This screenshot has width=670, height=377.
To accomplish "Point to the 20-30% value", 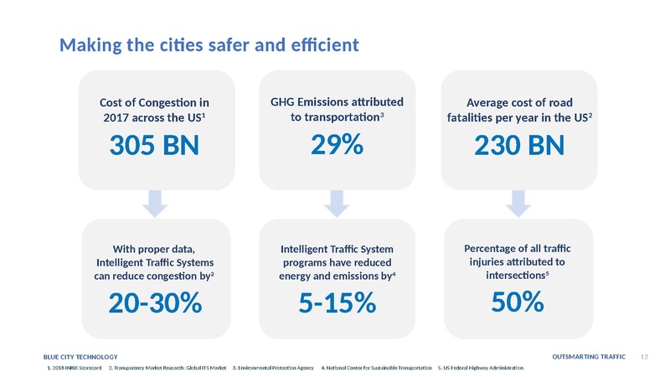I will point(154,303).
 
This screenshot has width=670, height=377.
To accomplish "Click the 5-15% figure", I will point(337,303).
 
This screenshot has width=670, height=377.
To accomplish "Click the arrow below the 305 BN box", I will point(155,202).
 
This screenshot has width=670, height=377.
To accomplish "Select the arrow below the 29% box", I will point(337,202).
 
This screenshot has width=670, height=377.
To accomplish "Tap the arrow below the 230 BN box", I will point(518,202).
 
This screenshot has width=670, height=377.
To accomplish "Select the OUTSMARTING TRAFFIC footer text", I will point(590,358).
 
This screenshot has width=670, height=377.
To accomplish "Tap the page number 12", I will point(645,358).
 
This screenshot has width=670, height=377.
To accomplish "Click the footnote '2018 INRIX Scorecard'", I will point(74,369).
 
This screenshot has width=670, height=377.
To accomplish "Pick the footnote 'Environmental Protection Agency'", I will point(274,369).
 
